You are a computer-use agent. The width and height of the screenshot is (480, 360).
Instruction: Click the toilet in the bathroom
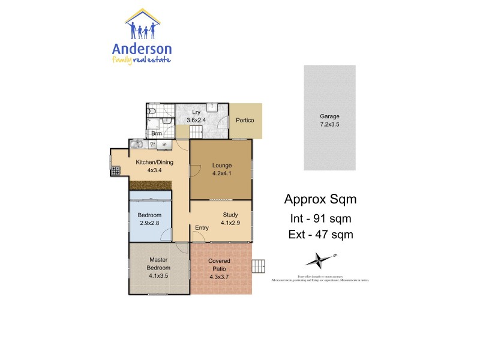click(152, 112)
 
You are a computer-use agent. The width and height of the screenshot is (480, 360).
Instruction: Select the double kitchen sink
click(137, 144)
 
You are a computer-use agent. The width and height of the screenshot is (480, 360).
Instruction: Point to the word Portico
click(245, 120)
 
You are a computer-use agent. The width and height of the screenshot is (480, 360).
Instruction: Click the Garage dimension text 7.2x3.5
click(329, 124)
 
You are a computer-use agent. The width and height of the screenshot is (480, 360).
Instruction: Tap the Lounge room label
click(221, 165)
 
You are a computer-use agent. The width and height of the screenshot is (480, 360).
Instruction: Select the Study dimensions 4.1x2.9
click(230, 223)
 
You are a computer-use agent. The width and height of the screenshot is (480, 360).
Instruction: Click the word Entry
click(202, 227)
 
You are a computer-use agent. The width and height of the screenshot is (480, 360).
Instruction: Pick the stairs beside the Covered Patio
click(259, 266)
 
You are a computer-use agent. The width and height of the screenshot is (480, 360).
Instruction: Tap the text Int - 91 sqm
click(317, 218)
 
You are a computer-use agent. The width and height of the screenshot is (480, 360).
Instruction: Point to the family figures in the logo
click(142, 29)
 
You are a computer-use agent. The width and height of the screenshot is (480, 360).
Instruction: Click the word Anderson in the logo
click(142, 49)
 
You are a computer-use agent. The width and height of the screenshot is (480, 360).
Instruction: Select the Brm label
click(157, 134)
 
